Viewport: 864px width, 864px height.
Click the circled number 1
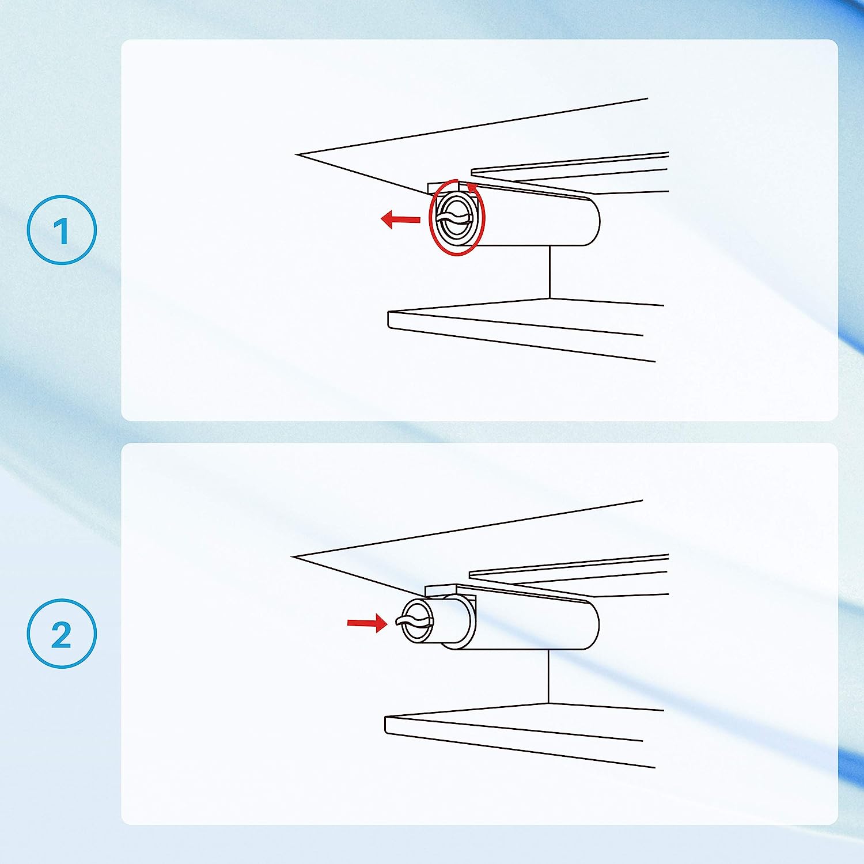coord(62,230)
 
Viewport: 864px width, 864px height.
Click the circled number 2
coord(62,634)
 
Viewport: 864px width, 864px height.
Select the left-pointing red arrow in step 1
coord(401,219)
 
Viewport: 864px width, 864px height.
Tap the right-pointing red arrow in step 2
coord(367,623)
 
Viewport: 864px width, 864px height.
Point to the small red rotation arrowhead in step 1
coord(472,187)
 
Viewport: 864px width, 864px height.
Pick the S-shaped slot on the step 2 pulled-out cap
coord(414,622)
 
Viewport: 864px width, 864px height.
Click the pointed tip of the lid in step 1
coord(296,154)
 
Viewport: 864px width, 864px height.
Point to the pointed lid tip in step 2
coord(293,557)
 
